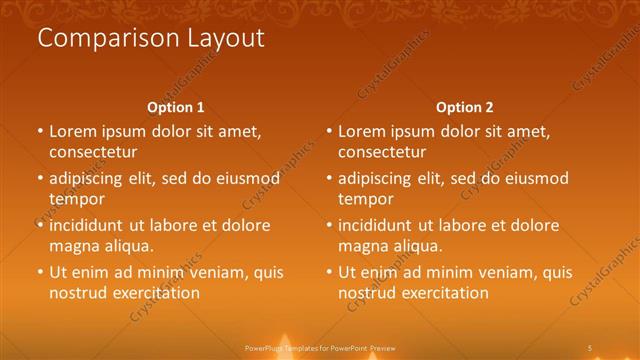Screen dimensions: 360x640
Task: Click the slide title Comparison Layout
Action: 151,39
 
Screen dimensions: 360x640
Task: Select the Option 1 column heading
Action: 176,107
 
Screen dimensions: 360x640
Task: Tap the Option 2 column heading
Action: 465,107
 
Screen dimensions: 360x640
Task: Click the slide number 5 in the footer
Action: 590,348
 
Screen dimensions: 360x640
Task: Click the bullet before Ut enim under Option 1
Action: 40,272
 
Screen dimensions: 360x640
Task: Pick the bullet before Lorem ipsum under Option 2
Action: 329,131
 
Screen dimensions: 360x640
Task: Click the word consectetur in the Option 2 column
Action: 382,152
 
